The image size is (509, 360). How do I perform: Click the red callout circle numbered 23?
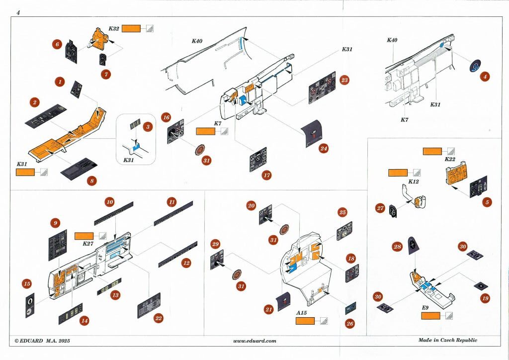coord(344,80)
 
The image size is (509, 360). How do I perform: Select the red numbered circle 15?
coord(27,284)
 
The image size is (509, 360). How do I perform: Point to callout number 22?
coord(159,318)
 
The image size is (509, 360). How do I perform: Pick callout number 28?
coord(397,247)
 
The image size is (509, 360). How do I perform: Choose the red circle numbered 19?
coord(485,299)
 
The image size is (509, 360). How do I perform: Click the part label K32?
coord(113,29)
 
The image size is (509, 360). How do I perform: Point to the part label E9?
coord(424,308)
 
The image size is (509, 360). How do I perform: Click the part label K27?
coord(87,244)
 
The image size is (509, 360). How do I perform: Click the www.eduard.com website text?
coord(254,341)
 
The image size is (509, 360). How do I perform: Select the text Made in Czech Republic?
coord(447,340)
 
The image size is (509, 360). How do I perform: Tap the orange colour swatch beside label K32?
coord(131,29)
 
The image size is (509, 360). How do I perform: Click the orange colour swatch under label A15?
coord(305,321)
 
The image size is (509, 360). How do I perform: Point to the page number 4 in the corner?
coord(18,12)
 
